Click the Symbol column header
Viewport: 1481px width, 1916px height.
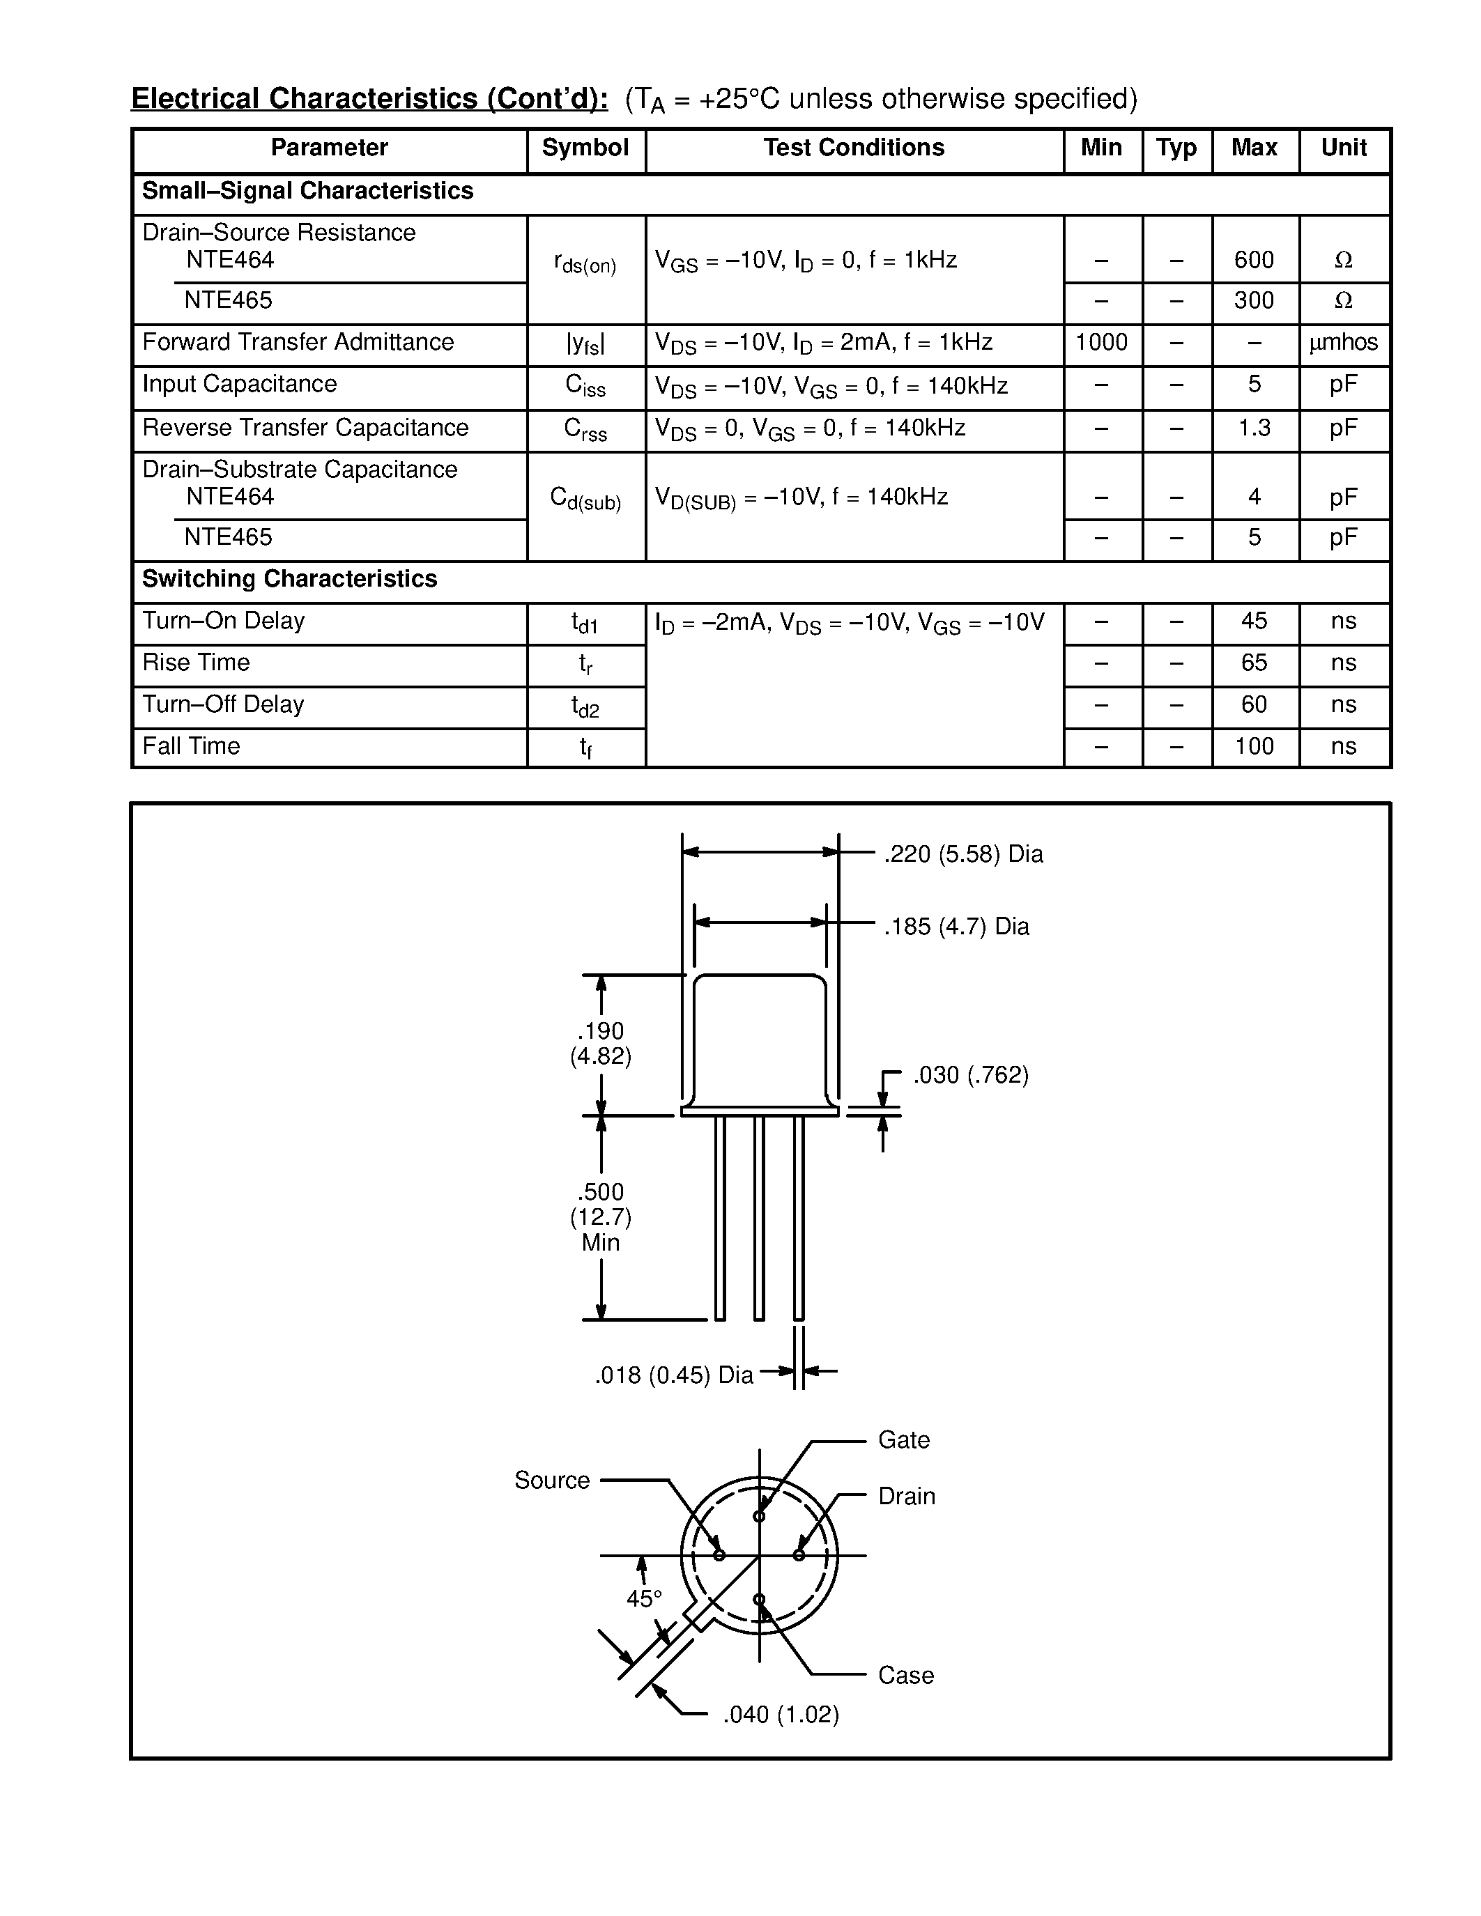585,148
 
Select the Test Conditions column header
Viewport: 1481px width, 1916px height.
854,148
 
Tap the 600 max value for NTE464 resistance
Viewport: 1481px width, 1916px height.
1254,260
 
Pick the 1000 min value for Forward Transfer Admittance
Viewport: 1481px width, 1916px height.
1101,342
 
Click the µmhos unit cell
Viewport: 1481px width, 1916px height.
1343,342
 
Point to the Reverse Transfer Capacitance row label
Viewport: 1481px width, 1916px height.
305,427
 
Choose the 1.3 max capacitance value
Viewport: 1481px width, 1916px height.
1254,427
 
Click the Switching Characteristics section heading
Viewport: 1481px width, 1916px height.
289,579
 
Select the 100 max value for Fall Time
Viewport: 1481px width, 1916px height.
1254,747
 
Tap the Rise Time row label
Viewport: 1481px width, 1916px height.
196,663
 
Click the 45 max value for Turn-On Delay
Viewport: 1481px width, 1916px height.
1254,621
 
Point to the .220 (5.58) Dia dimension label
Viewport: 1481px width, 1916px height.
963,854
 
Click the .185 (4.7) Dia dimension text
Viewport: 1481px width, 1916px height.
956,927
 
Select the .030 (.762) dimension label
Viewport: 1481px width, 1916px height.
970,1076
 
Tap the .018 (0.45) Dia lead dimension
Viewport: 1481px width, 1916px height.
674,1375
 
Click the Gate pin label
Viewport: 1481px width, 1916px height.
904,1441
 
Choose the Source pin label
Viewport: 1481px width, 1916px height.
552,1481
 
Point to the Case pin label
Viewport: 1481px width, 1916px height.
905,1676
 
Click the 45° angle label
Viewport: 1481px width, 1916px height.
644,1599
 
